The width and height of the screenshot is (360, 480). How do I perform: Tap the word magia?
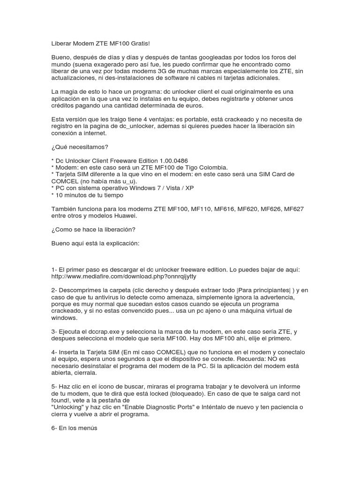point(70,91)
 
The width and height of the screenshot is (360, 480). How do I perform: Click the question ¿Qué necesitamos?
point(80,147)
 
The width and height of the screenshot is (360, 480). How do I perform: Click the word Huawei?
point(140,216)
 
